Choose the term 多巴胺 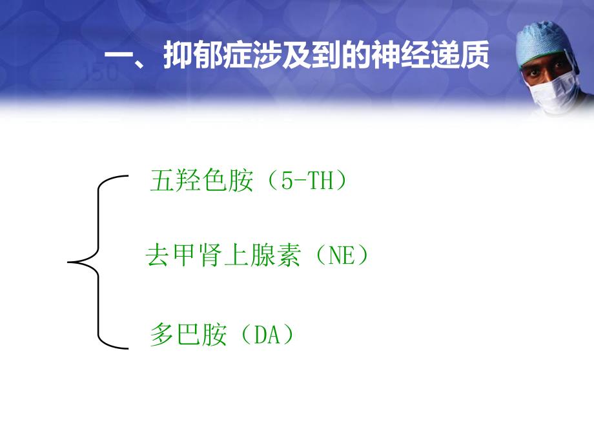pyautogui.click(x=188, y=335)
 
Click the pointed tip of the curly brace pyautogui.click(x=70, y=262)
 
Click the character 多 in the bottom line pyautogui.click(x=161, y=335)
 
